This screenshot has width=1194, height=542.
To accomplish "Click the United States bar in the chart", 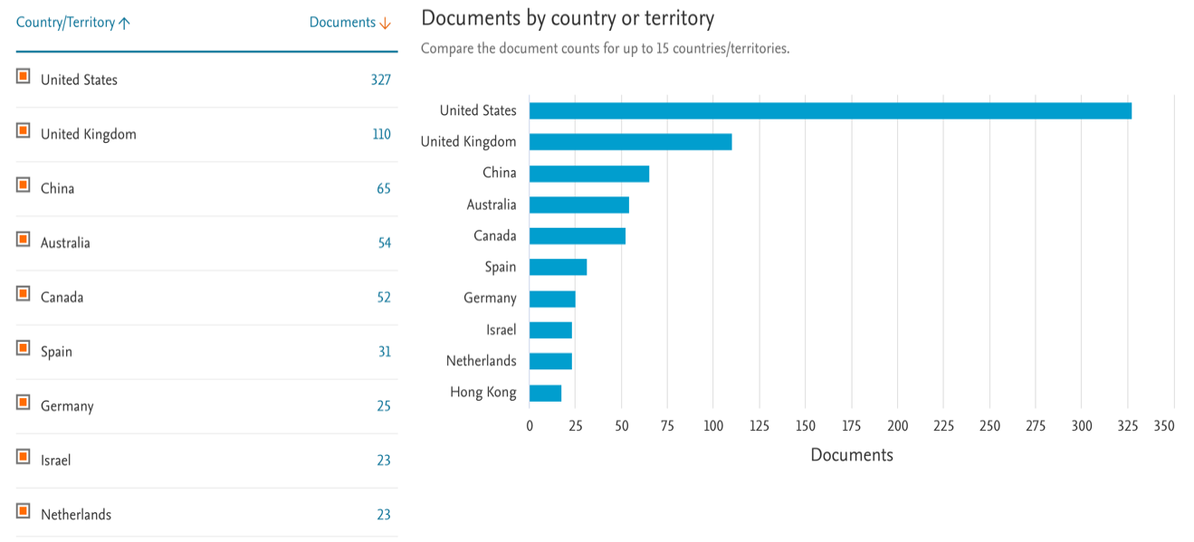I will (830, 110).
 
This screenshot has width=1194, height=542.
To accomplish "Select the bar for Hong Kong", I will (545, 393).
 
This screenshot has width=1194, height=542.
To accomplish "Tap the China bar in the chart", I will (589, 174).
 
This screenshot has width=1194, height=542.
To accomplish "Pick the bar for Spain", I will (558, 267).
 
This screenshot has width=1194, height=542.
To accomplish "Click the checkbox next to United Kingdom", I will (24, 131).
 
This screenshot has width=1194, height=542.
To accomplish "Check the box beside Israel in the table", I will (24, 457).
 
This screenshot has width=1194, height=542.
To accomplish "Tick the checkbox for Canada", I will (24, 294).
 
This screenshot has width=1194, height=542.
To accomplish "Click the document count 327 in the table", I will (380, 80).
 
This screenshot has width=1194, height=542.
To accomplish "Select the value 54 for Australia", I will (385, 242).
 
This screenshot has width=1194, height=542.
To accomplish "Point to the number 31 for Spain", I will (385, 351).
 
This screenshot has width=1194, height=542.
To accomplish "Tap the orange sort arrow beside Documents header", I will (385, 23).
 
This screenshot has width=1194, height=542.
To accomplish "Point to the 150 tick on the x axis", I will (806, 425).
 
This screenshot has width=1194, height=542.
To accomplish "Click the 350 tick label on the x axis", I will (1164, 425).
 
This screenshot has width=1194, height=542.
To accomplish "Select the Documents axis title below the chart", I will (851, 454).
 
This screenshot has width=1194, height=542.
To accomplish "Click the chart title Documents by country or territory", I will (568, 17).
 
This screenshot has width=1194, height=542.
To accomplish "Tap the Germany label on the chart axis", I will (490, 298).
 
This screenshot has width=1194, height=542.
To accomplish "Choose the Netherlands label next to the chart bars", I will (481, 361).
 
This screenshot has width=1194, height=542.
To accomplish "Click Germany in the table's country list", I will (67, 405).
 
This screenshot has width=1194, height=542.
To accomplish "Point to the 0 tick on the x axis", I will (530, 425).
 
